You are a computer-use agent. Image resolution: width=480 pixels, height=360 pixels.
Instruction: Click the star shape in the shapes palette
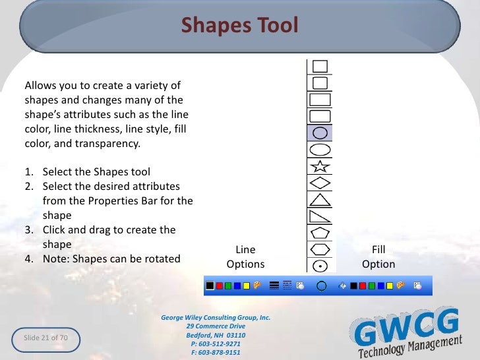pos(320,165)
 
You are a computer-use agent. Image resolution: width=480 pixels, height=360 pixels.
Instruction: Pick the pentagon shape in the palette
pos(320,232)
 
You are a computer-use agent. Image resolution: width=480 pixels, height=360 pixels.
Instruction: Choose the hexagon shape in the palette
pos(320,249)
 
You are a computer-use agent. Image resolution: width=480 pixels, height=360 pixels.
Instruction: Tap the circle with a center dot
pos(320,265)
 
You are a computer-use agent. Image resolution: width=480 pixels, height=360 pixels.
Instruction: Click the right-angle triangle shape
pos(320,216)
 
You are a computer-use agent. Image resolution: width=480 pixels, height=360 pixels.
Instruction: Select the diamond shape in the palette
pos(320,182)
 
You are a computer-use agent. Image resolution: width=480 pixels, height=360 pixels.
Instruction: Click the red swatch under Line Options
pos(219,286)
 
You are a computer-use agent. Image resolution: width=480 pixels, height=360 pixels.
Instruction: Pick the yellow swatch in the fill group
pos(390,286)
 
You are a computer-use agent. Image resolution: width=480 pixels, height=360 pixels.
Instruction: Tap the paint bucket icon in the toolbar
pos(342,286)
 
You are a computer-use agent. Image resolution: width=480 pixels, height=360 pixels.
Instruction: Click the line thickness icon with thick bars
pos(274,286)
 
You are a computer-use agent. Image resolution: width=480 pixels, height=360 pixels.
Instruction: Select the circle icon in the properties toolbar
pos(322,286)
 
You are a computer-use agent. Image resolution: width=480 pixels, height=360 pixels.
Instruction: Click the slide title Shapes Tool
pos(240,25)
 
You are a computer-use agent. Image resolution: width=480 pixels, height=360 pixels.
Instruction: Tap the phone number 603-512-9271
pos(216,344)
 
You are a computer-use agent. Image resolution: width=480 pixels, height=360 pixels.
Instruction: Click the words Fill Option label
pos(378,257)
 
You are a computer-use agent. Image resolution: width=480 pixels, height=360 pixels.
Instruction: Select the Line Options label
pos(245,257)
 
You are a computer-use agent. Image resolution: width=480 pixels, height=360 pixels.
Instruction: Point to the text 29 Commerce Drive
pos(216,326)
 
